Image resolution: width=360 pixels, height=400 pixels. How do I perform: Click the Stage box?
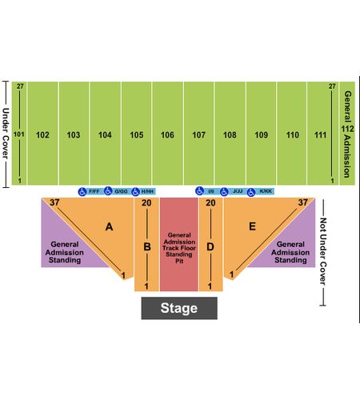click(x=179, y=308)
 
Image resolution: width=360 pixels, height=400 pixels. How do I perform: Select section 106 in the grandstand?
click(x=168, y=134)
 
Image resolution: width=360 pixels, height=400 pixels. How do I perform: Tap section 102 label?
click(x=42, y=135)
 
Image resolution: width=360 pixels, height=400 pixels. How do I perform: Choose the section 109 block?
click(x=262, y=134)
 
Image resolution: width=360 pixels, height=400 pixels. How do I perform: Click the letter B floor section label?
click(x=147, y=247)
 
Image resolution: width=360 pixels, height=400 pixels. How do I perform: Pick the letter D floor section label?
click(x=210, y=247)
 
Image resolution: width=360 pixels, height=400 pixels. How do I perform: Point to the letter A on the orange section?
click(x=109, y=226)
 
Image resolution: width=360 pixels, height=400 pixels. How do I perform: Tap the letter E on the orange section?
click(x=252, y=226)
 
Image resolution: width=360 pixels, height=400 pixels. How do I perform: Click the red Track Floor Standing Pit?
click(x=179, y=244)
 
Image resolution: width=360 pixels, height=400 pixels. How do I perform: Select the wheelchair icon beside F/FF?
click(x=82, y=191)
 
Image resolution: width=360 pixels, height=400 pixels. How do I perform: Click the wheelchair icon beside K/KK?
click(x=251, y=192)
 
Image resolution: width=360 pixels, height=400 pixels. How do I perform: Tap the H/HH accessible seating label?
click(x=147, y=191)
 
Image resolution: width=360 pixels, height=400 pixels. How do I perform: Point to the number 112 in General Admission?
click(x=347, y=129)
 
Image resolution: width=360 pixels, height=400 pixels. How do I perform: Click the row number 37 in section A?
click(x=54, y=202)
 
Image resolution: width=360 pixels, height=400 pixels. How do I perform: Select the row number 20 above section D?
click(x=210, y=203)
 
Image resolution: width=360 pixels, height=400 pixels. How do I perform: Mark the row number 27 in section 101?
click(x=20, y=86)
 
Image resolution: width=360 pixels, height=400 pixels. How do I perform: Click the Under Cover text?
click(x=6, y=134)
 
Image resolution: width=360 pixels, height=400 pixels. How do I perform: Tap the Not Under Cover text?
click(x=323, y=251)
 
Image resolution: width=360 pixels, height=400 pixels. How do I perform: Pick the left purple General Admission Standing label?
click(x=65, y=252)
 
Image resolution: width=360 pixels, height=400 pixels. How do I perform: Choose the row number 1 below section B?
click(x=146, y=286)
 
